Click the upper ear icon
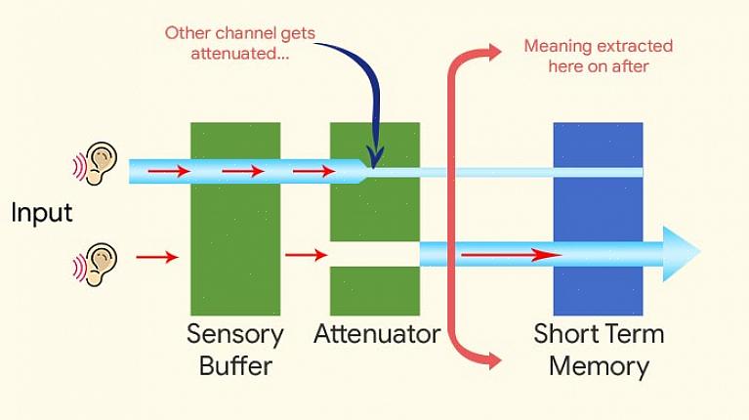coord(99,163)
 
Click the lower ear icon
coord(99,264)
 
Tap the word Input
coord(42,213)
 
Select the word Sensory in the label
coord(235,335)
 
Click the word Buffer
coord(235,367)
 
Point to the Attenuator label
coord(377,335)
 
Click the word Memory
coord(599,367)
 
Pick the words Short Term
coord(599,335)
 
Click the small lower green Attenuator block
coord(375,291)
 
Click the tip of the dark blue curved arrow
coord(375,159)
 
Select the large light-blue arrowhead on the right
coord(682,254)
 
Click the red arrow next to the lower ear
coord(157,257)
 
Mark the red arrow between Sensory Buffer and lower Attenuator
coord(306,255)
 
